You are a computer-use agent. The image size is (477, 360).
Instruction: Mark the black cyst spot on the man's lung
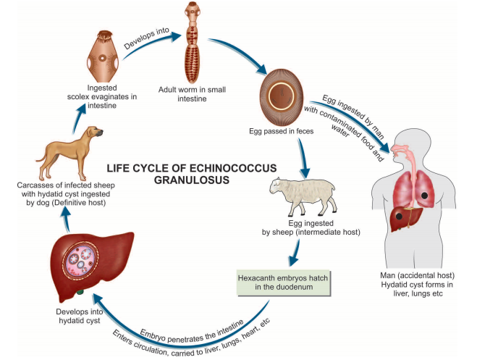click(x=439, y=194)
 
